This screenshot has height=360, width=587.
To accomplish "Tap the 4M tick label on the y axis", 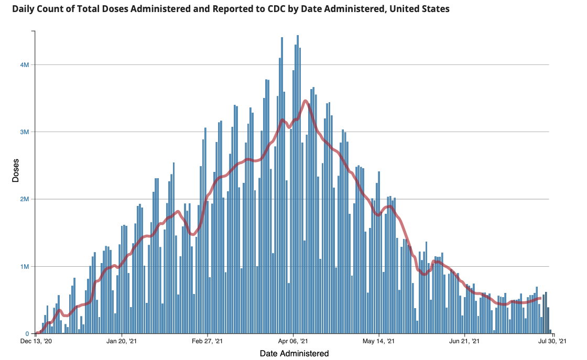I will coord(24,64).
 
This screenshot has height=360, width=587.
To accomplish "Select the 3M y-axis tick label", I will coord(24,132).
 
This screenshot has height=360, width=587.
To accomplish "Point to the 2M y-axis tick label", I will coord(24,199).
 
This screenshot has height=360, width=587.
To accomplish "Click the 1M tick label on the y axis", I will coord(24,266).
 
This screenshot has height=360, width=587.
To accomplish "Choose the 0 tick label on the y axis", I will coord(27,334).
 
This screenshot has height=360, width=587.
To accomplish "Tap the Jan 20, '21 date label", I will coord(122,342).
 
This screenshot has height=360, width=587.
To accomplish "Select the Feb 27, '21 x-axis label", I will coord(208,342).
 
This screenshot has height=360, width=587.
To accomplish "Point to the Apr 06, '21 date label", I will coord(293,342).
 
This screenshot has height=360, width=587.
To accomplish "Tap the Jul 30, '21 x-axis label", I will coord(551,342).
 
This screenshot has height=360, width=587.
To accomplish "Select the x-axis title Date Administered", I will coord(294,354).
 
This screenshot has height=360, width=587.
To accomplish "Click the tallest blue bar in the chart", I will coord(298,183).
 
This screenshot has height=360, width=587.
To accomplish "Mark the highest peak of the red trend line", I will coord(306,101).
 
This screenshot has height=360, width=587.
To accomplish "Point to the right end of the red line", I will coord(540,298).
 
